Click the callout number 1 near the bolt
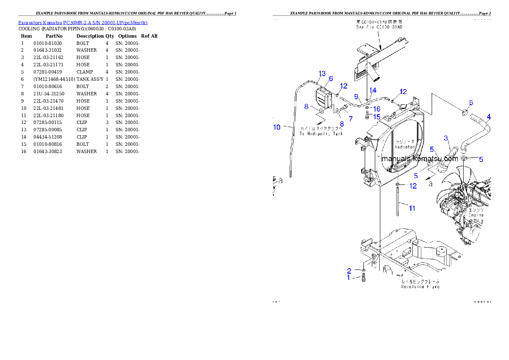pos(349,277)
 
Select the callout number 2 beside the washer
pos(349,271)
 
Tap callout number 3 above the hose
pos(446,138)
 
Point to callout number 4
pos(488,117)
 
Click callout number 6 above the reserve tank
pos(331,79)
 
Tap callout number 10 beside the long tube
pos(277,127)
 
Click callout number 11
pos(412,208)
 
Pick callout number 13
pos(322,74)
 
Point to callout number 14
pos(373,90)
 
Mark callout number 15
pos(376,117)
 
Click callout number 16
pos(377,109)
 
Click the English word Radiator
pos(405,147)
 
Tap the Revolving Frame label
pos(420,287)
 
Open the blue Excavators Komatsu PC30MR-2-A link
pos(83,23)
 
